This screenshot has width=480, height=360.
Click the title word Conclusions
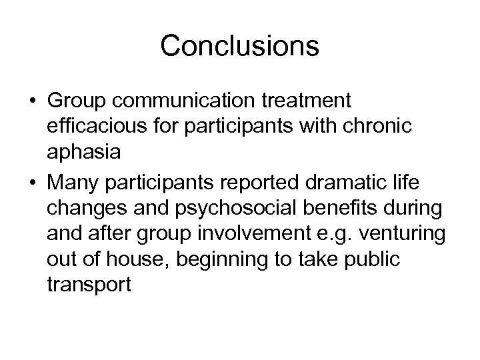point(240,46)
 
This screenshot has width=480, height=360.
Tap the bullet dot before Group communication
point(32,102)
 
